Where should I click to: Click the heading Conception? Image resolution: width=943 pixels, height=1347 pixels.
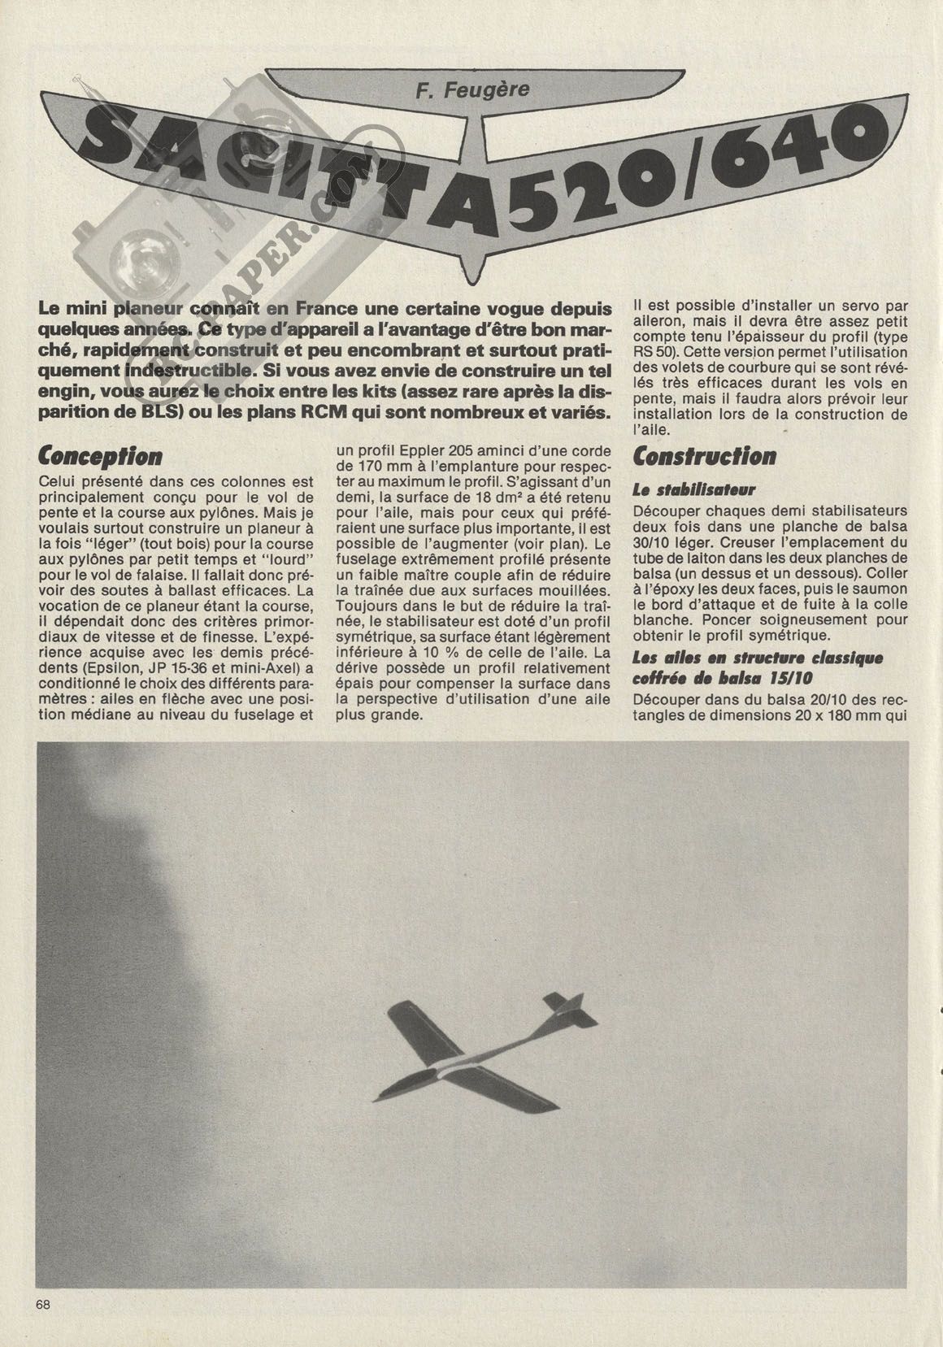tap(100, 456)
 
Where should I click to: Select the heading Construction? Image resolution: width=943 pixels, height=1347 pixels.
tap(704, 456)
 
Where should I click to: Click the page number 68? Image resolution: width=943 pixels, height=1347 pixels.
tap(43, 1304)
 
